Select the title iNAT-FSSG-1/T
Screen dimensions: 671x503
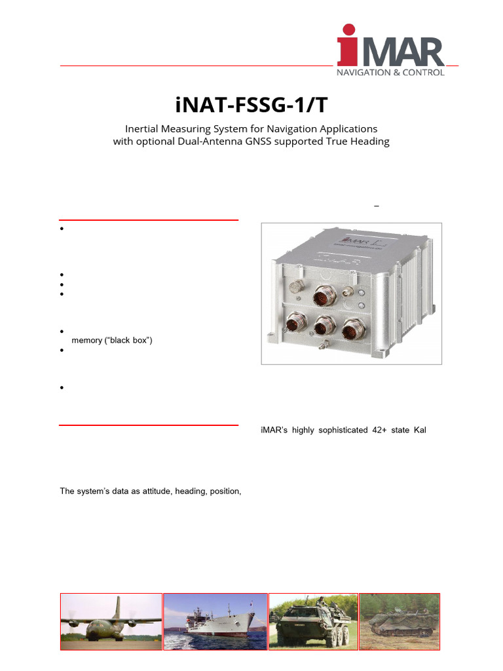pos(251,105)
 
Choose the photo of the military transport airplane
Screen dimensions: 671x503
pos(111,621)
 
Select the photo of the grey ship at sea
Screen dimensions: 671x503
pos(215,621)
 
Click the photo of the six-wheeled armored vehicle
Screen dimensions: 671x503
pos(313,621)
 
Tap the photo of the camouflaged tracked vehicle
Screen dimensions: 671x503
pos(400,621)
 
